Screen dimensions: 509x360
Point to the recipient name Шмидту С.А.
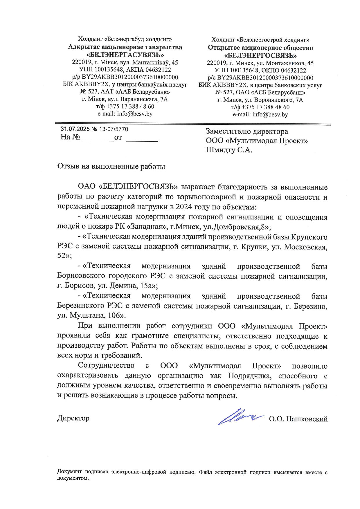(x=229, y=150)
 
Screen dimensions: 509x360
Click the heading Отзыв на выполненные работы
(x=111, y=166)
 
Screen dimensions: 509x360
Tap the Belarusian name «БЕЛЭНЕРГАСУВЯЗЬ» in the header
(x=125, y=55)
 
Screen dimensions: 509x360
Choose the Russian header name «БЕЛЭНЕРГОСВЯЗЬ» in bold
(x=260, y=55)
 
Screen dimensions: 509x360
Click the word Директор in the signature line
(x=73, y=418)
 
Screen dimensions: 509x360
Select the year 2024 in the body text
(x=184, y=207)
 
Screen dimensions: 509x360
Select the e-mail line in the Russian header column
(x=260, y=114)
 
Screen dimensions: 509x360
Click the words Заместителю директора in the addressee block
(x=247, y=132)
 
